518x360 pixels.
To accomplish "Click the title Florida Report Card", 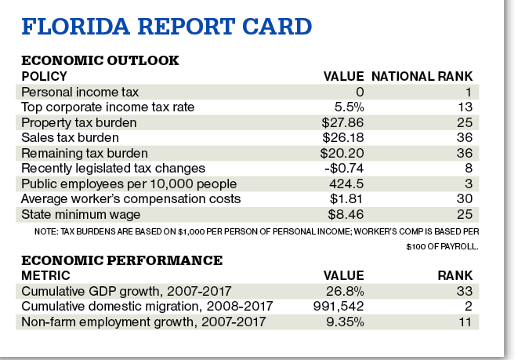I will (x=167, y=27).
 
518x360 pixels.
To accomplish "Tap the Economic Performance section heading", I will (x=121, y=260).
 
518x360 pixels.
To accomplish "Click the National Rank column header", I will (x=422, y=76).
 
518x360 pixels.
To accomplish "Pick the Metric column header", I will (x=45, y=275).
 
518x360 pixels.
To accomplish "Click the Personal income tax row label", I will (x=73, y=92).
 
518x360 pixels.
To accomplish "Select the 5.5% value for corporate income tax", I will (x=348, y=107).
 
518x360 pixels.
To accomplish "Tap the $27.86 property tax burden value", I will (x=342, y=122).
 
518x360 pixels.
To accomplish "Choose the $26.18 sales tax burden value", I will (x=342, y=137).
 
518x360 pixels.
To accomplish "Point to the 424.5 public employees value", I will (x=345, y=183).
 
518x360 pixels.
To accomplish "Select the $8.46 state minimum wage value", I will (x=345, y=213).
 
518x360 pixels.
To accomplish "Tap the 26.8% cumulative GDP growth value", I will (x=345, y=291).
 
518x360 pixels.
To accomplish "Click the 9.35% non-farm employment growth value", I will (x=345, y=321).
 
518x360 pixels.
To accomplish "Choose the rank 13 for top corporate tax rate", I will (x=465, y=107).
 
